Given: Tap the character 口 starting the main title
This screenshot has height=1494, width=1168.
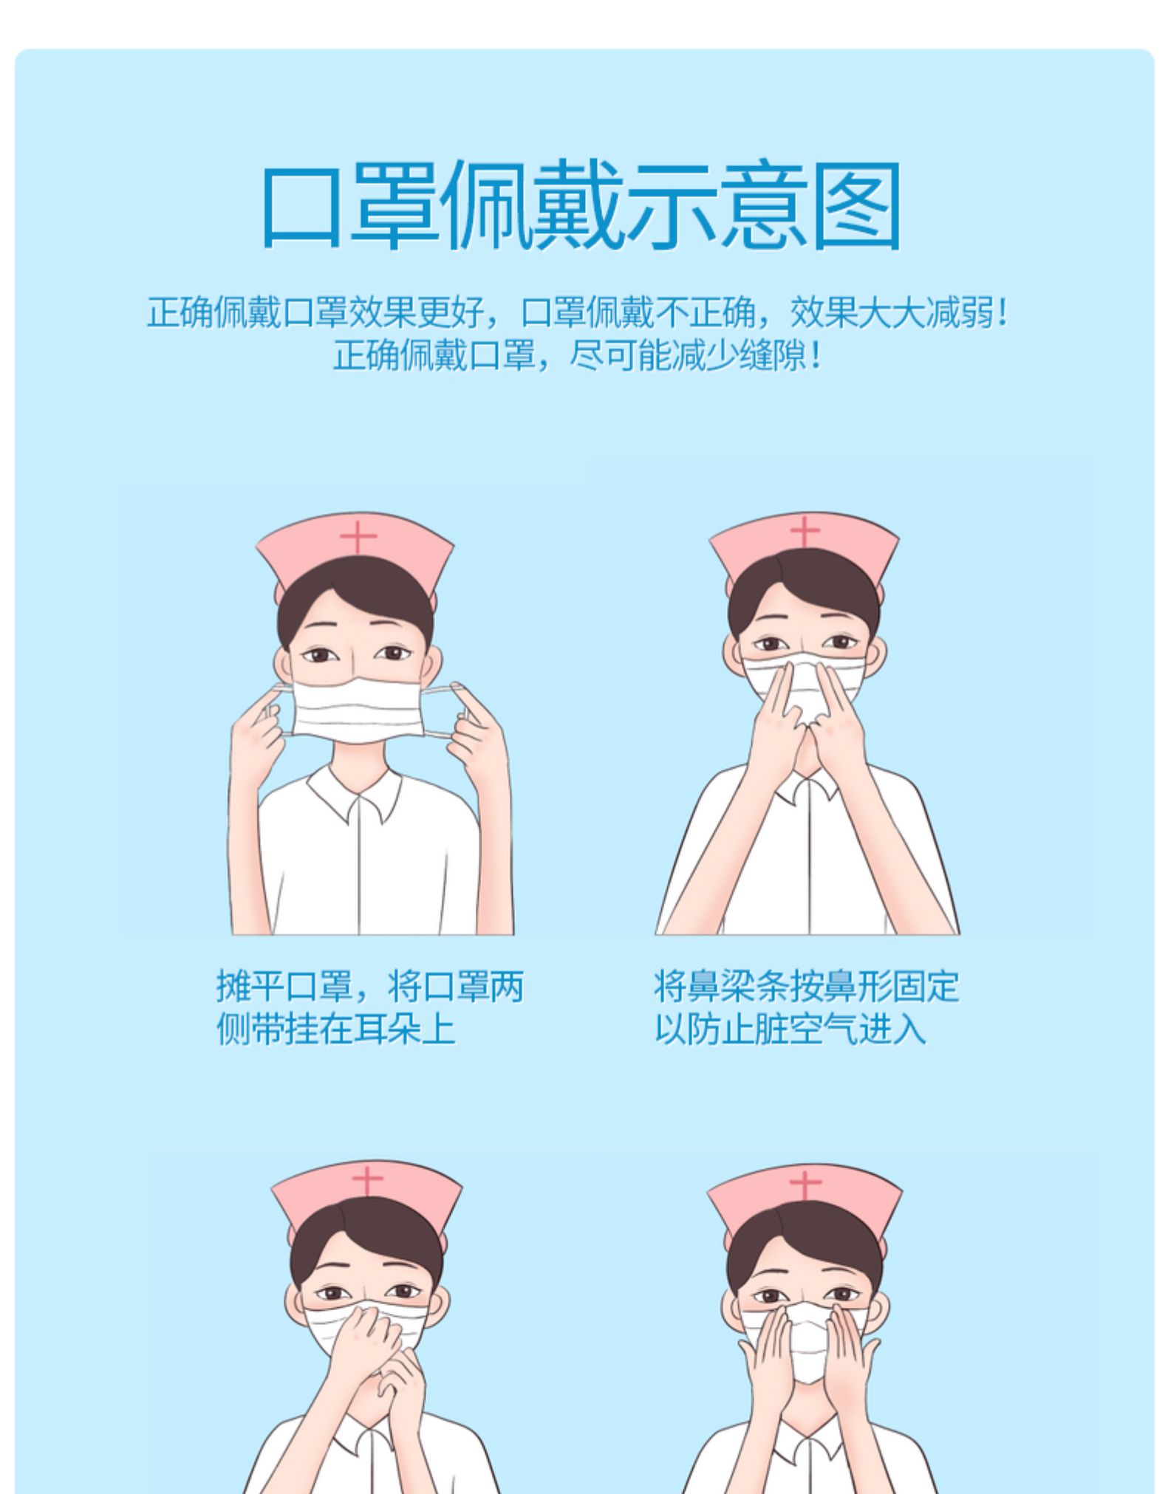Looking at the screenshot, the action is (x=301, y=207).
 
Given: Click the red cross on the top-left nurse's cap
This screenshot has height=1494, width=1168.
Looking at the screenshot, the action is (x=359, y=538).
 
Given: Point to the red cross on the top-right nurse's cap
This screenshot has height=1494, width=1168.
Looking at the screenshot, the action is (x=805, y=532).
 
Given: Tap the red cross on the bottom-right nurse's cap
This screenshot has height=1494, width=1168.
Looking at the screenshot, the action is (x=805, y=1186).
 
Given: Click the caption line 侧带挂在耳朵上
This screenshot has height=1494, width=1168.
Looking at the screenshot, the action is (x=335, y=1029).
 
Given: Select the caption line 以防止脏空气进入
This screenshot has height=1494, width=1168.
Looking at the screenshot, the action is (x=790, y=1029).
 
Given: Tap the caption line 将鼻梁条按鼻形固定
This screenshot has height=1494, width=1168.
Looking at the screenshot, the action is (x=807, y=986).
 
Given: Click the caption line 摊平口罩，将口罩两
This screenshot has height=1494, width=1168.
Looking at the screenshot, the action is (x=370, y=986).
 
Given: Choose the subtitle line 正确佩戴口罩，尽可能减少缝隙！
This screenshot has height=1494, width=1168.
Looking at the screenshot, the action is (x=578, y=356).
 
